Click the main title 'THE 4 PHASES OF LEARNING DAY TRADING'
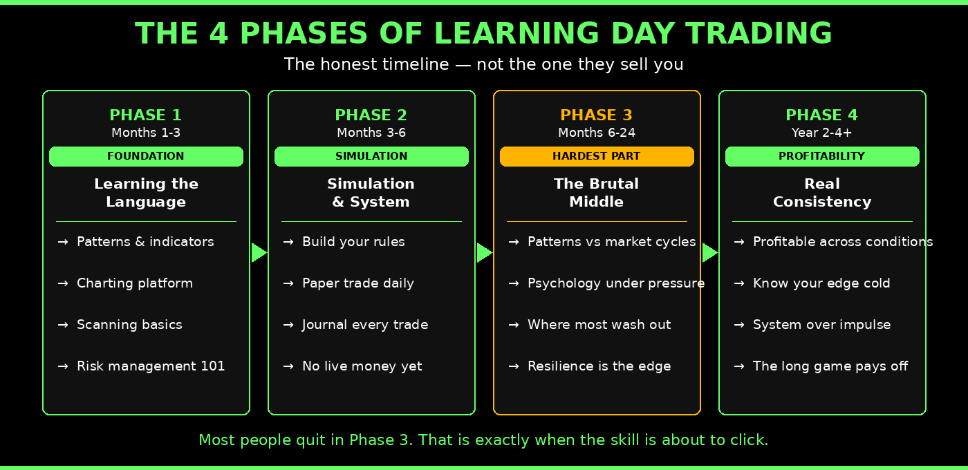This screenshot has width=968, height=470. (x=483, y=33)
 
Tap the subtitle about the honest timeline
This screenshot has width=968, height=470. (x=483, y=64)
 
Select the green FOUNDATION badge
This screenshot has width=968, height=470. (x=146, y=156)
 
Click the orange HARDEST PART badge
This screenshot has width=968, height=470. (x=597, y=156)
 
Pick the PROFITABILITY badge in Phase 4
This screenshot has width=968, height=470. (x=822, y=156)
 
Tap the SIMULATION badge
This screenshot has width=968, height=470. (x=371, y=156)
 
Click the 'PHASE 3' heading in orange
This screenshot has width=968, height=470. (x=596, y=115)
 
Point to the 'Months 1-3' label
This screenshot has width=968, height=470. (x=146, y=133)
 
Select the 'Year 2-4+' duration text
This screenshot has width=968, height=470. (x=821, y=133)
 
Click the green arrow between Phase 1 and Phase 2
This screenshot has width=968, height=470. (x=259, y=253)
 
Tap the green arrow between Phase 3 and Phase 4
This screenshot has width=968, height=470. (x=709, y=253)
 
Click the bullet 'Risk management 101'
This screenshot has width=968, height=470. (x=150, y=366)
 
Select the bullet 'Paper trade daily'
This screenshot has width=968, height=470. (x=357, y=283)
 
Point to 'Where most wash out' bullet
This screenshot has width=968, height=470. (x=599, y=325)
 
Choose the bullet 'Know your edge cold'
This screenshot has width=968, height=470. (x=821, y=283)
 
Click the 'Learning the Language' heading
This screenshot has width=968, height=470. (x=146, y=193)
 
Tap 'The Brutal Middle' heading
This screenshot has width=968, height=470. (x=596, y=193)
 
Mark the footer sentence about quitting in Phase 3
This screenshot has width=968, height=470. (x=483, y=440)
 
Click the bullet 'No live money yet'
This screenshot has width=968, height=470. (x=362, y=366)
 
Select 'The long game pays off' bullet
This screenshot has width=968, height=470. (x=830, y=366)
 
